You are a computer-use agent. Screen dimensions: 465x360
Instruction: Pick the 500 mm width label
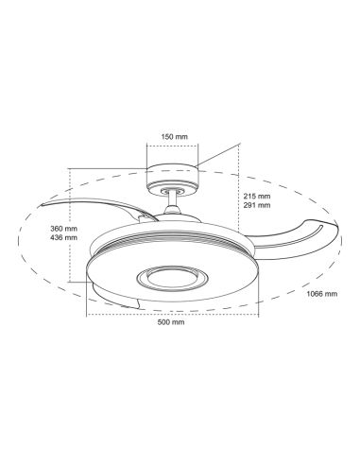pyautogui.click(x=172, y=322)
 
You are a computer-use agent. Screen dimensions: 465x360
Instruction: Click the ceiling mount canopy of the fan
pyautogui.click(x=172, y=174)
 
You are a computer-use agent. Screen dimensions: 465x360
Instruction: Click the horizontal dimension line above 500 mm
pyautogui.click(x=172, y=313)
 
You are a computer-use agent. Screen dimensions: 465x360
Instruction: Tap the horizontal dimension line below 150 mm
pyautogui.click(x=172, y=146)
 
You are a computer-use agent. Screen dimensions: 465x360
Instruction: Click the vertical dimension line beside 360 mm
pyautogui.click(x=73, y=227)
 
